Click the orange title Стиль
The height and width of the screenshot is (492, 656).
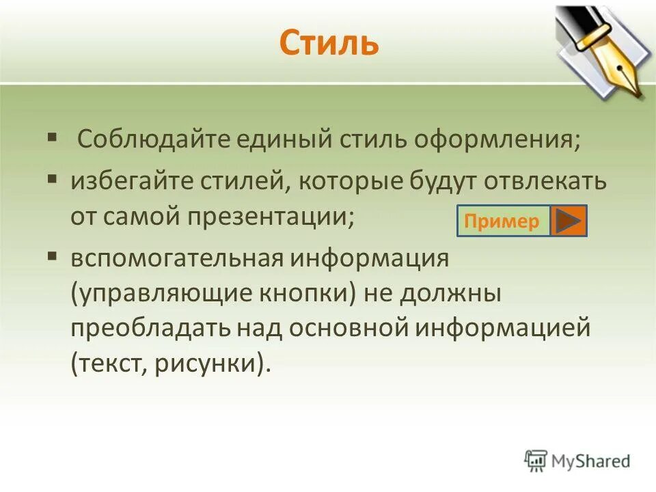329,42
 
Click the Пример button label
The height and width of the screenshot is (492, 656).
502,221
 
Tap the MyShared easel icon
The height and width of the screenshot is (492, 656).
536,461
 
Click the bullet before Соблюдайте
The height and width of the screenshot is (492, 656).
52,137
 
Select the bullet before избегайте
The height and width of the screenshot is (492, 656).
52,179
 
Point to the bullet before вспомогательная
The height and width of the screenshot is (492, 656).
52,258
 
